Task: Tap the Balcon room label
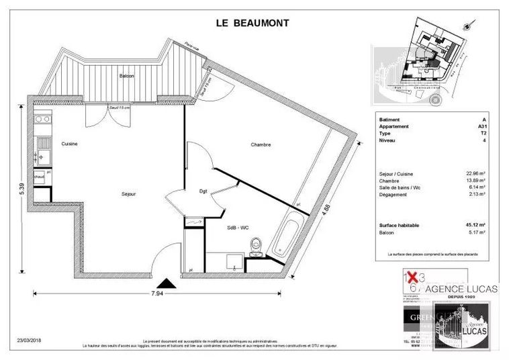(127, 76)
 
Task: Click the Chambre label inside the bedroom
(261, 144)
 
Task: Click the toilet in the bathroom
(254, 248)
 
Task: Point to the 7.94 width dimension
(157, 294)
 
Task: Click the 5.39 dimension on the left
(21, 192)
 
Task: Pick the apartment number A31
(482, 126)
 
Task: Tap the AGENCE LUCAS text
(461, 288)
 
